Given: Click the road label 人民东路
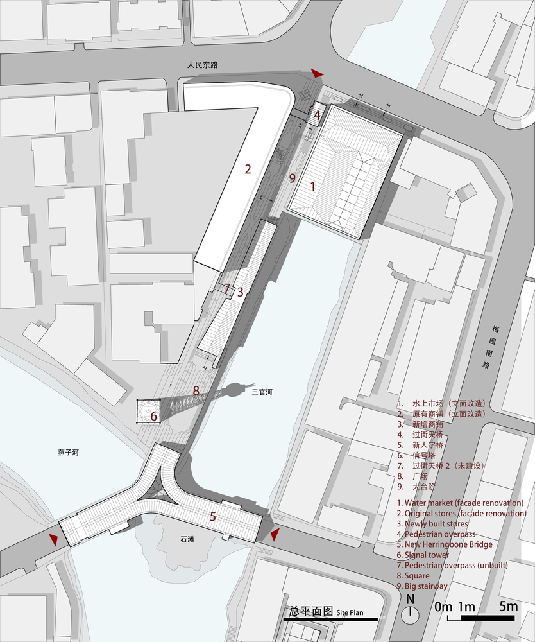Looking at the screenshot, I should [x=203, y=65].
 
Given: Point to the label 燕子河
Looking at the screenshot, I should [x=69, y=452].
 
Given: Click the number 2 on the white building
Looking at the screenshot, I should [x=248, y=169].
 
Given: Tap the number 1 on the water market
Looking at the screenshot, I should [x=312, y=187].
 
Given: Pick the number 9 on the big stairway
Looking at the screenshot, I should [x=292, y=178].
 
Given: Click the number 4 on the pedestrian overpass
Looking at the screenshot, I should [x=317, y=116].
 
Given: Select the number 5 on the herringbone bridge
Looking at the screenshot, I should [x=213, y=515].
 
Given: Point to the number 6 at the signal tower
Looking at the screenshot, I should [x=153, y=416].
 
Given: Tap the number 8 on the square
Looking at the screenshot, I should [x=196, y=390].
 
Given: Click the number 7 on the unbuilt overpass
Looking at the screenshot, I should [x=227, y=288].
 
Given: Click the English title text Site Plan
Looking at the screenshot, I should [x=350, y=612].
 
